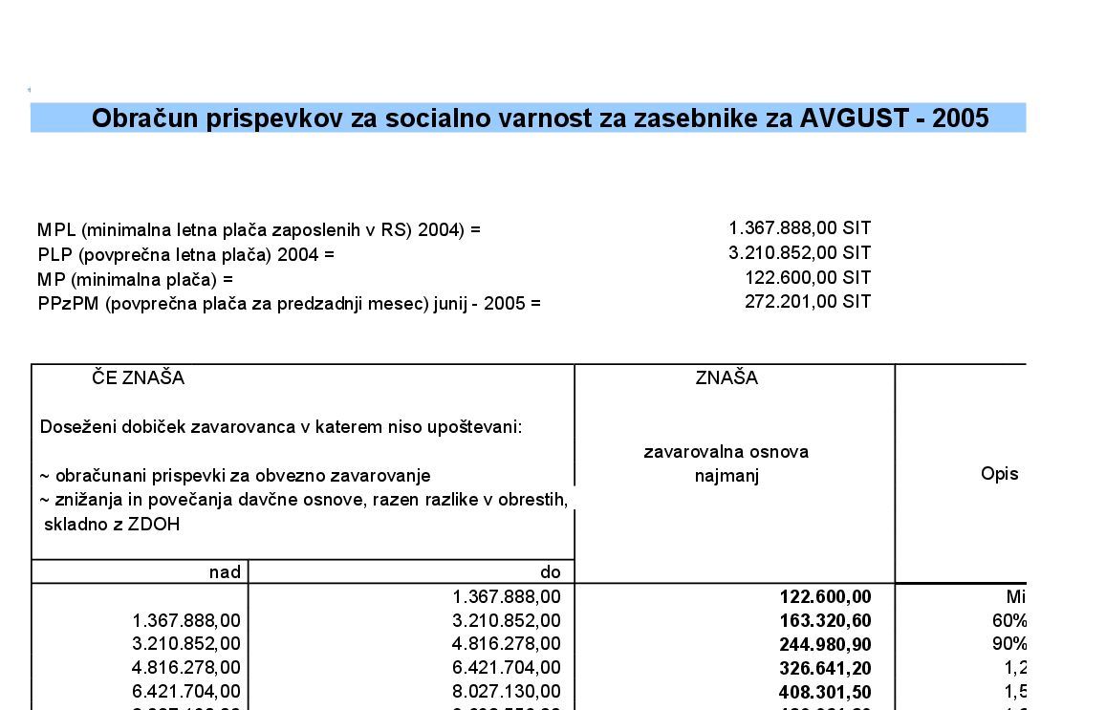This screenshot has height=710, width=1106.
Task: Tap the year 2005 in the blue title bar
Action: (960, 118)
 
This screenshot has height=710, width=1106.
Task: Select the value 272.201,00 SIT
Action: (808, 302)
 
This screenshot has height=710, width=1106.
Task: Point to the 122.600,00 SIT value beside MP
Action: (808, 278)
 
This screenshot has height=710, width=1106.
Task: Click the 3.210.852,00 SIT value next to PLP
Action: (799, 253)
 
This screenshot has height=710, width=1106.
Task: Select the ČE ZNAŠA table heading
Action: (139, 378)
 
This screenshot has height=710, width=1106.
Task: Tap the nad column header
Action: (225, 572)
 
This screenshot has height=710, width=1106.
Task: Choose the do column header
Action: (551, 572)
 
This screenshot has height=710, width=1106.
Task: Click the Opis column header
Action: (999, 474)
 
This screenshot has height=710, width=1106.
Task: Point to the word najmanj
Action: (726, 476)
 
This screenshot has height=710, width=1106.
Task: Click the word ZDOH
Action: (157, 525)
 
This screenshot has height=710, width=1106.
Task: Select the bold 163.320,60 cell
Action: (825, 621)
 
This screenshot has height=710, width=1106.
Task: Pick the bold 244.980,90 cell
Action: (825, 645)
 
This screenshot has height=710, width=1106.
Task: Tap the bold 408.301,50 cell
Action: (825, 692)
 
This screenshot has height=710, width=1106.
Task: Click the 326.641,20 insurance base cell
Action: (825, 669)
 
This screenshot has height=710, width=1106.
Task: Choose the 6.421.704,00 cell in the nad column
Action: (186, 692)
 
